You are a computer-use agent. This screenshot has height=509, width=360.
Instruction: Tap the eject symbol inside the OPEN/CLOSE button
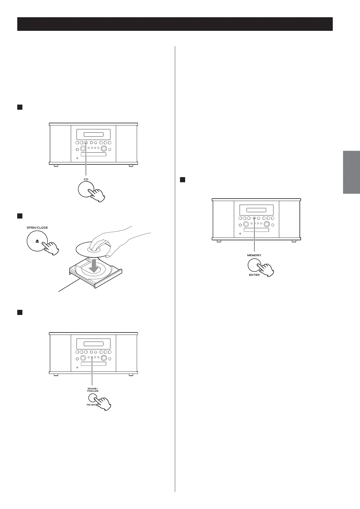click(x=37, y=241)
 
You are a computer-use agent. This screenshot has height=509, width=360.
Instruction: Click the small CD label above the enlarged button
click(x=86, y=180)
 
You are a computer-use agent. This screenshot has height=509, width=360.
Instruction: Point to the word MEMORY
click(x=254, y=255)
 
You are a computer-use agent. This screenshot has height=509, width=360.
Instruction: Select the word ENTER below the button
click(x=254, y=275)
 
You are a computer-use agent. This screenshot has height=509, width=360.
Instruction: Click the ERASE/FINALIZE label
click(x=93, y=389)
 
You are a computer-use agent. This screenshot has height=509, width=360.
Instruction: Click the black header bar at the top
click(x=175, y=24)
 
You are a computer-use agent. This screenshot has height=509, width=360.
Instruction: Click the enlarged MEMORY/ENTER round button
click(x=254, y=265)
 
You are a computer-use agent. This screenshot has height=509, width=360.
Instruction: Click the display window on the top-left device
click(x=93, y=135)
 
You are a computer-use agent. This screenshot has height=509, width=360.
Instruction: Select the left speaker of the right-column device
click(x=223, y=219)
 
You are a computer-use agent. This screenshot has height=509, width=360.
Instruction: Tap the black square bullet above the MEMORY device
click(x=182, y=180)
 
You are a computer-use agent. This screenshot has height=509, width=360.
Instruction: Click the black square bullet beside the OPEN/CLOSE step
click(x=20, y=216)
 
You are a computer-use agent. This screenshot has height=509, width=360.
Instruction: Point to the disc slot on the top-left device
click(x=93, y=154)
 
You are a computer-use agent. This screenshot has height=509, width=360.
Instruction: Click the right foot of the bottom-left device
click(x=131, y=375)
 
